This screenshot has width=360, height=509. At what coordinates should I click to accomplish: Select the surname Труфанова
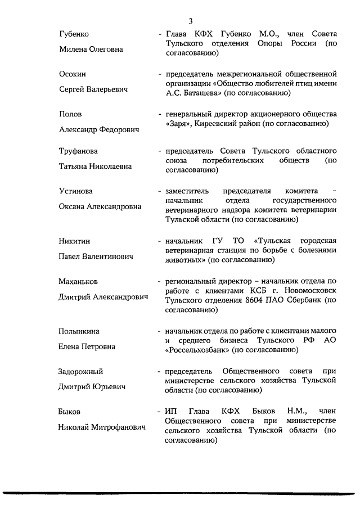coord(78,151)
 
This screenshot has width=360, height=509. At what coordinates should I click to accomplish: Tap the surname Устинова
coord(76,191)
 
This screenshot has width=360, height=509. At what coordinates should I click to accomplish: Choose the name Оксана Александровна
coord(100,206)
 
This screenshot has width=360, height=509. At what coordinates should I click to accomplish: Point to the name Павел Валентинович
coord(96,256)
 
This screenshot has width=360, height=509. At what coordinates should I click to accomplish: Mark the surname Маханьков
coord(80,281)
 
